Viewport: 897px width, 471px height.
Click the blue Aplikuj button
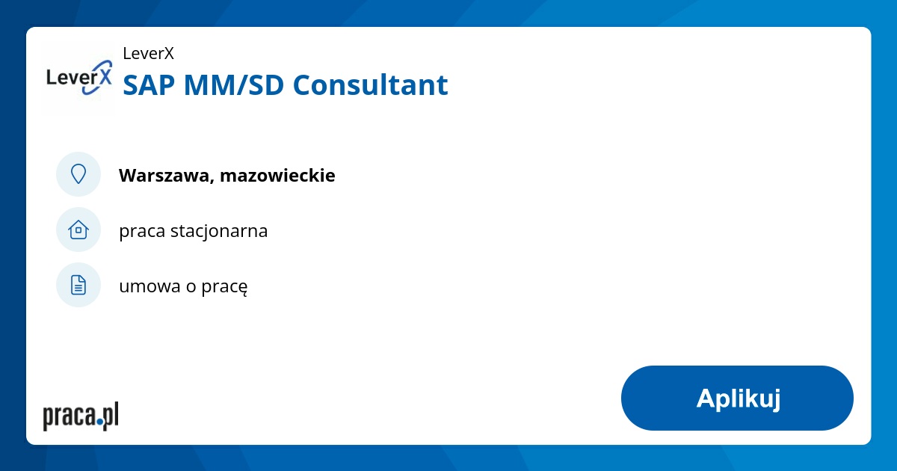coord(737,398)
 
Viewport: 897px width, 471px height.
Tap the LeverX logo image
coord(79,78)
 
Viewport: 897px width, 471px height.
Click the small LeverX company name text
coord(148,53)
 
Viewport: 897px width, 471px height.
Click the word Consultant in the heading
coord(370,85)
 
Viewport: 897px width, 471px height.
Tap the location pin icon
coord(78,174)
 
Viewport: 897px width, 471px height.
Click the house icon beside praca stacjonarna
coord(78,230)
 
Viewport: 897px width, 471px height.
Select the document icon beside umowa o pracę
coord(78,285)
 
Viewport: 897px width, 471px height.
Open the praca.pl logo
coord(81,416)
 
